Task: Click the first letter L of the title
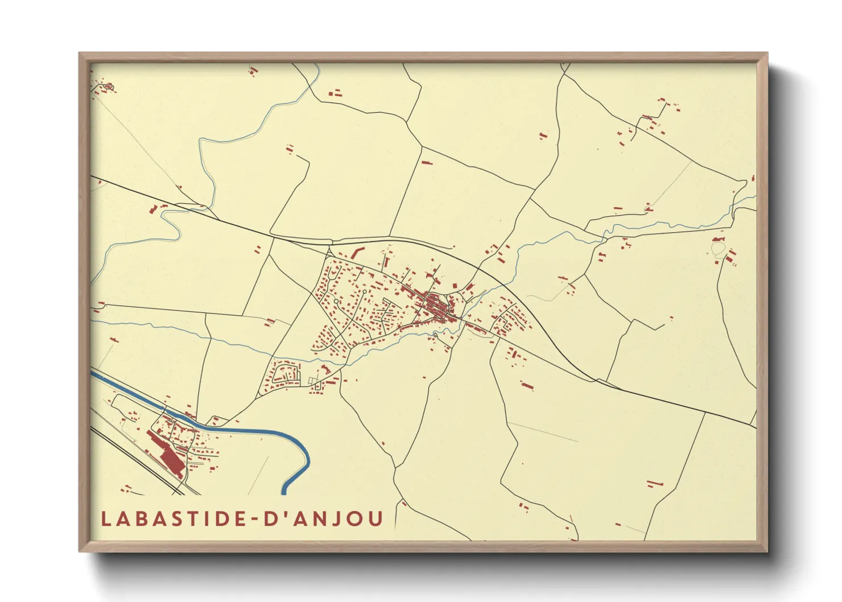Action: (105, 519)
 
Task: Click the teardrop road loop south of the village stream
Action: (435, 335)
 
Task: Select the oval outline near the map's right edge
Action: (718, 249)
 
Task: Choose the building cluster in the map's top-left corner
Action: (106, 87)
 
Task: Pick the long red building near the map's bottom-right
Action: (655, 484)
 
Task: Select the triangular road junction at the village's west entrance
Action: (329, 251)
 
